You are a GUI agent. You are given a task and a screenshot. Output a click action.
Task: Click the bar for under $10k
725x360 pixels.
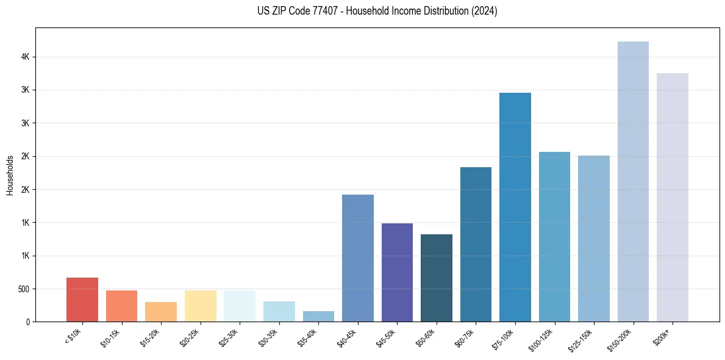point(82,300)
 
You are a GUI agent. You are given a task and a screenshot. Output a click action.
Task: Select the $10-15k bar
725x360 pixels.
point(121,306)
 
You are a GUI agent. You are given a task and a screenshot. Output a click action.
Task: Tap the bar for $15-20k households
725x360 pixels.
point(161,312)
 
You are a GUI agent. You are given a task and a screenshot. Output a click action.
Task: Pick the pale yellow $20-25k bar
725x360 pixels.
point(200,306)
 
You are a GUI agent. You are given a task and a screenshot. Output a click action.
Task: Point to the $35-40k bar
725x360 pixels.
point(318,316)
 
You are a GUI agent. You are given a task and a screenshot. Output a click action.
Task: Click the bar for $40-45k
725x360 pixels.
point(358,258)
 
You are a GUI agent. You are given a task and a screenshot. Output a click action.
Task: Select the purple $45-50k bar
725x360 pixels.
point(397,272)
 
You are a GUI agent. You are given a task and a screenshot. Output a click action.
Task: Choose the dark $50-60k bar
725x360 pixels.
point(437,278)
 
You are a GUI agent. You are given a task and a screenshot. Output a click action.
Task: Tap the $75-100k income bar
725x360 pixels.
point(515,207)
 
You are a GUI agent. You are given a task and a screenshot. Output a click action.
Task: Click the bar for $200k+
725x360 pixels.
point(673,197)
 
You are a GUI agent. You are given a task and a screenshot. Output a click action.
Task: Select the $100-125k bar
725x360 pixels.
point(554,237)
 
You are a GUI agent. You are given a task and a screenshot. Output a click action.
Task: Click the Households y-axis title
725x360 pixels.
point(10,175)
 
